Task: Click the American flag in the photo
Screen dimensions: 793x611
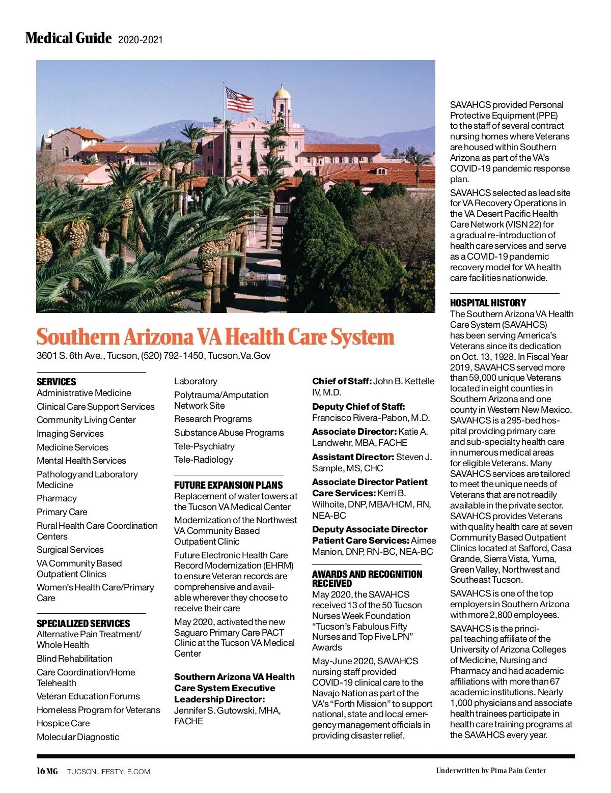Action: point(239,100)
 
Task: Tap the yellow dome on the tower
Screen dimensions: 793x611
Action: point(281,93)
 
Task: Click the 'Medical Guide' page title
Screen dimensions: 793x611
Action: point(68,38)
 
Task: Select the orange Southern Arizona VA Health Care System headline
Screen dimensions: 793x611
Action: point(215,337)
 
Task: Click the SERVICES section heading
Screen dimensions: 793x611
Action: point(57,382)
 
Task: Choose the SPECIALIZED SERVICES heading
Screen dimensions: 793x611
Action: point(83,624)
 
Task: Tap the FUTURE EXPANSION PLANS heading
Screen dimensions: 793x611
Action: point(228,485)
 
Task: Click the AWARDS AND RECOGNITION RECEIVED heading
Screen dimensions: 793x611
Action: point(367,579)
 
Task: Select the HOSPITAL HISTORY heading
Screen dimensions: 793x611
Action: point(487,303)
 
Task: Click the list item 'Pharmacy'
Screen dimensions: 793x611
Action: point(57,498)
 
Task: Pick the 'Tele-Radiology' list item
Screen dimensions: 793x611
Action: point(203,460)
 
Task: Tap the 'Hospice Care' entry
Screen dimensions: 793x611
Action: point(63,723)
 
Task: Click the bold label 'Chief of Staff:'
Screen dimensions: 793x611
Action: point(342,381)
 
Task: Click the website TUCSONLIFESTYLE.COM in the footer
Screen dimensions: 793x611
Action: point(108,772)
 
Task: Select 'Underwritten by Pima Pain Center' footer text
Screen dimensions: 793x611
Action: point(490,771)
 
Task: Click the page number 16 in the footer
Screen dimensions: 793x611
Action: point(41,771)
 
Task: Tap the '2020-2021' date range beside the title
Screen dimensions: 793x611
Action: point(140,40)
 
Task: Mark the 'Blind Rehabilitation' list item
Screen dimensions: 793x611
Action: point(74,659)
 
